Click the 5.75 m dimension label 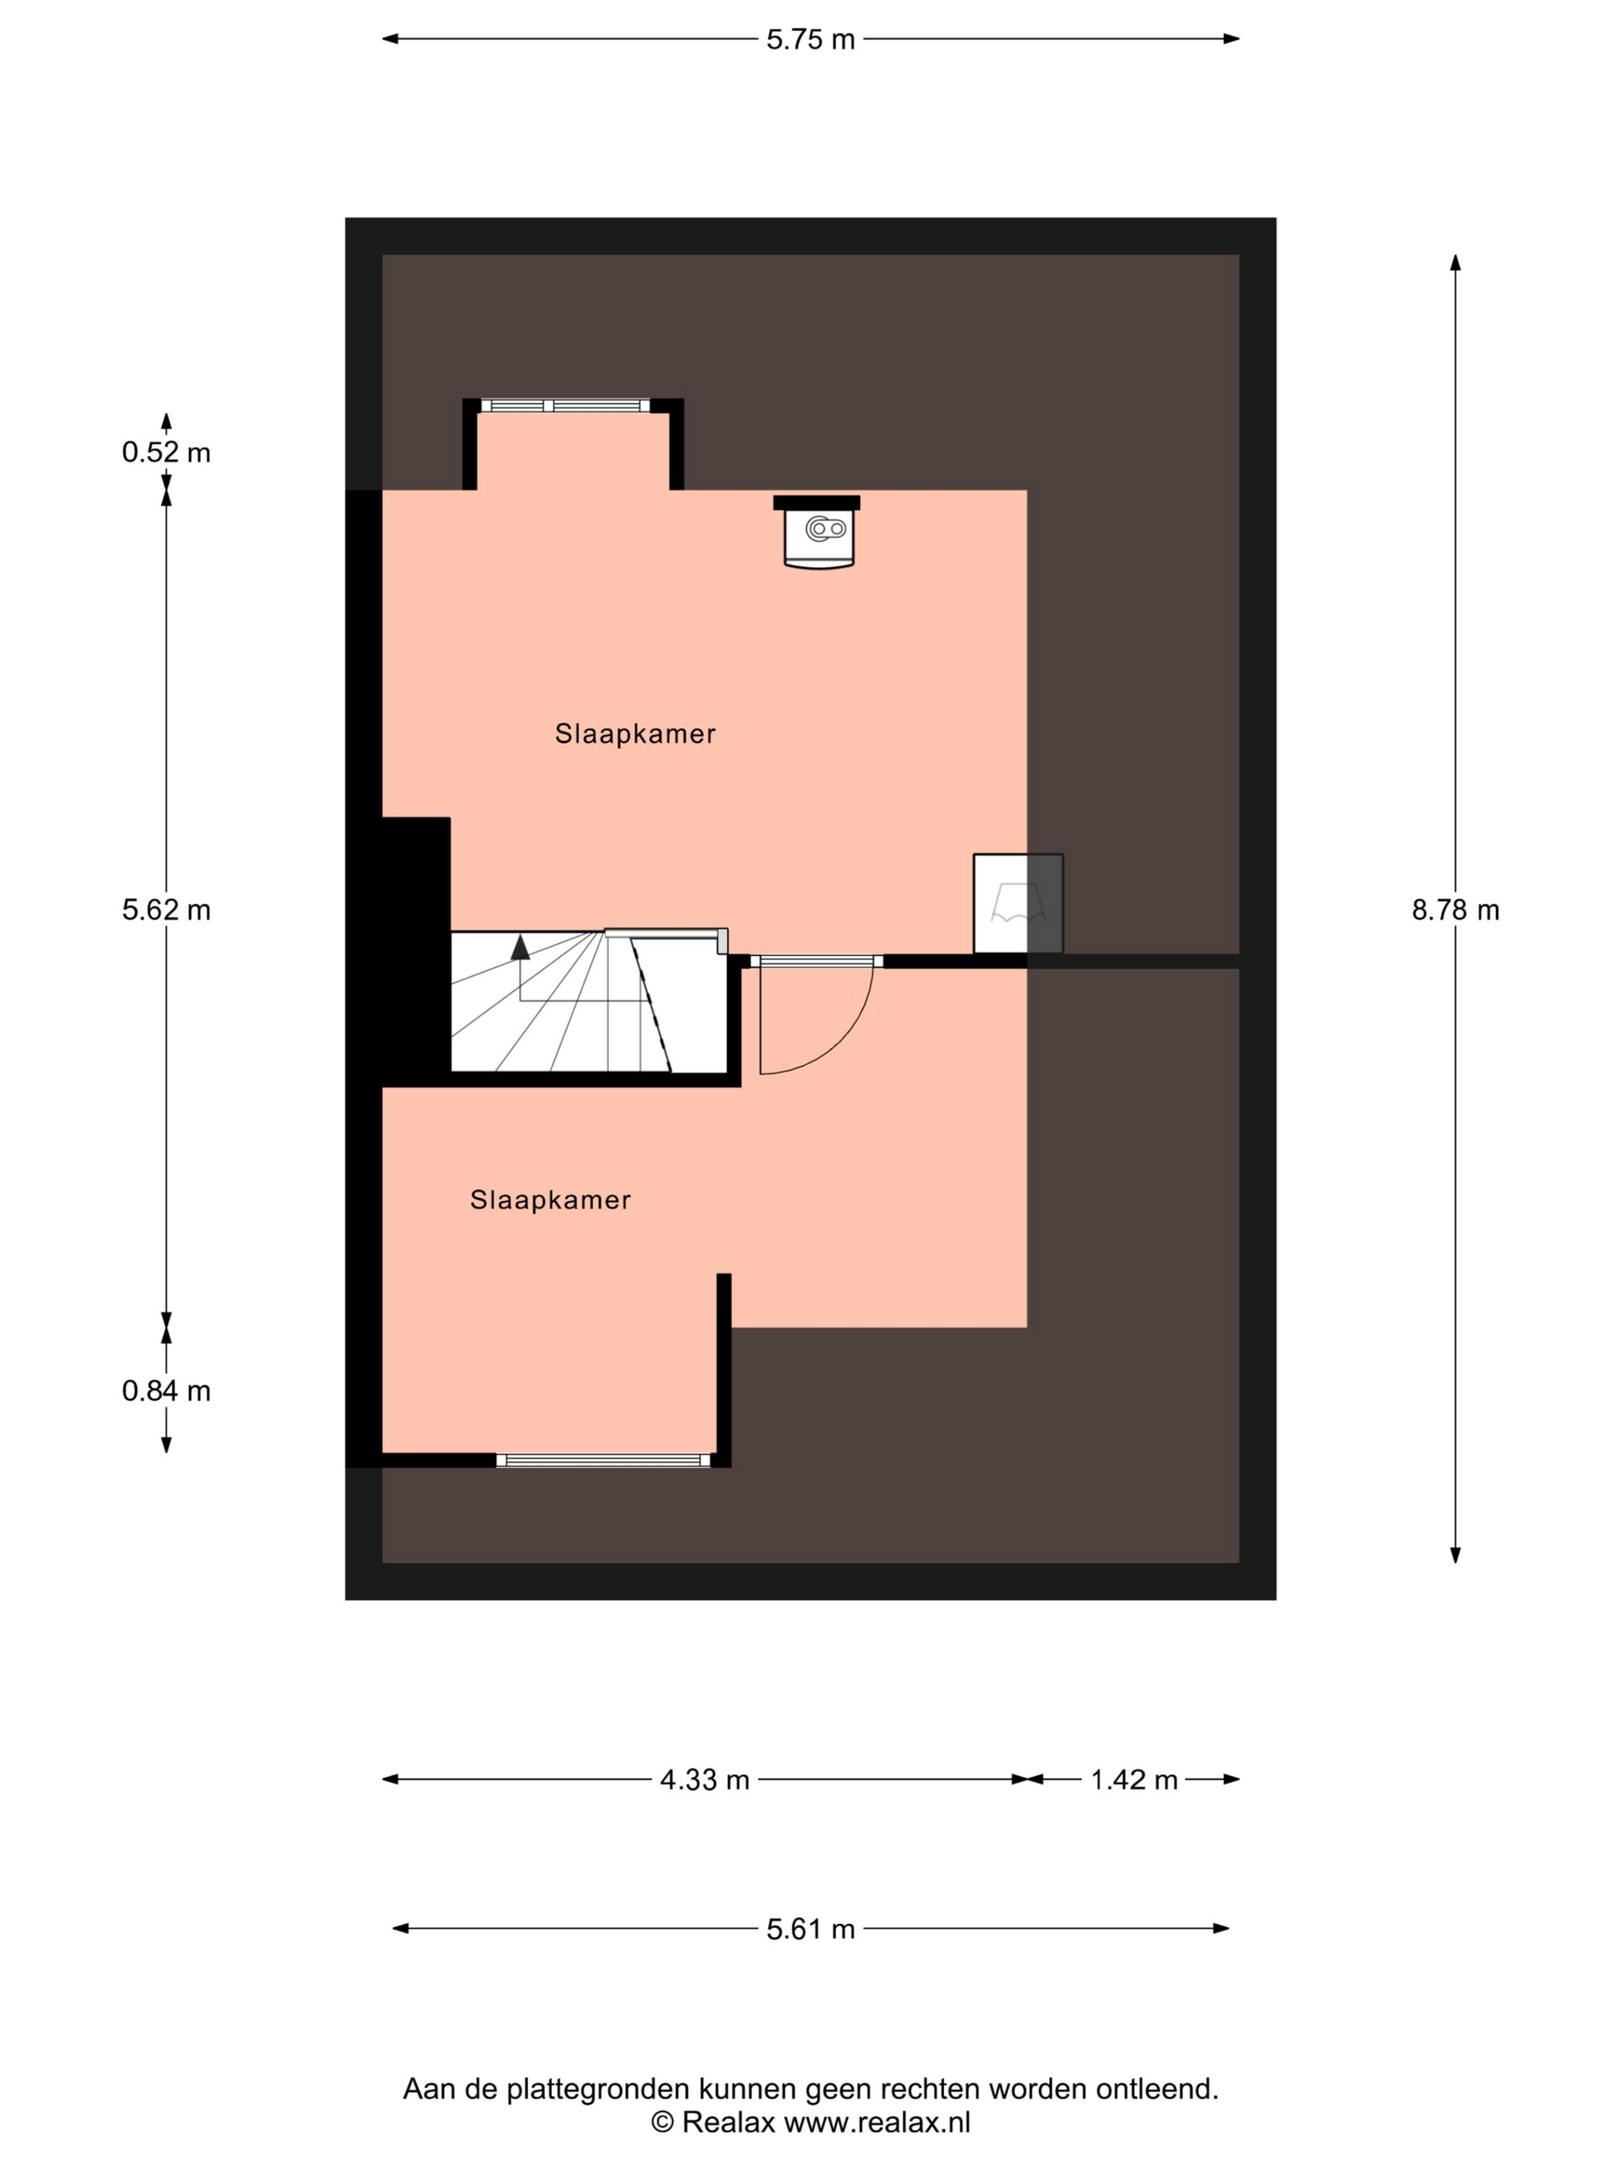tap(810, 40)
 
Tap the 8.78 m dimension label tap(1455, 911)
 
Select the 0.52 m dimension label tap(166, 452)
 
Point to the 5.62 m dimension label tap(166, 911)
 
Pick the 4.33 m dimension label tap(705, 1780)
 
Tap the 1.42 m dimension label tap(1133, 1780)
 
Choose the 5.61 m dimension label tap(810, 1929)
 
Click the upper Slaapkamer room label tap(635, 734)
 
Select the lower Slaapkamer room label tap(550, 1199)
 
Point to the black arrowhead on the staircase tap(519, 947)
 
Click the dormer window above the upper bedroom tap(565, 405)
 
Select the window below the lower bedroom tap(603, 1460)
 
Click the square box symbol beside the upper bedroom tap(1018, 904)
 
